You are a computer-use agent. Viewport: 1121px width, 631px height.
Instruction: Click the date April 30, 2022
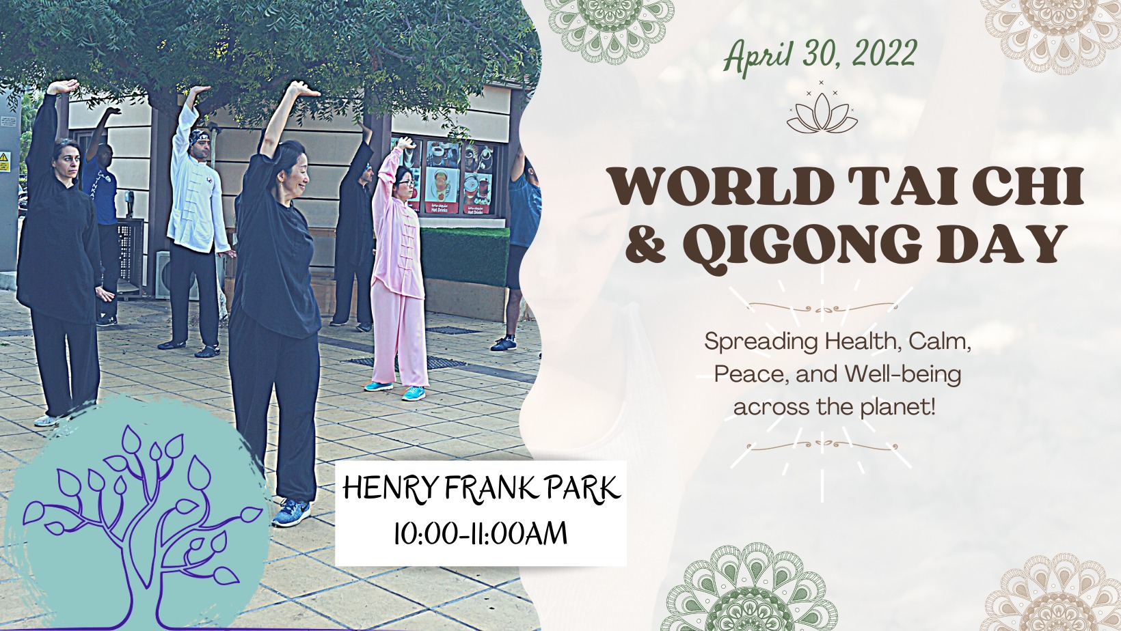(x=820, y=55)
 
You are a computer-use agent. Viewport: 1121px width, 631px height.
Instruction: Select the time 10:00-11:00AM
(x=481, y=533)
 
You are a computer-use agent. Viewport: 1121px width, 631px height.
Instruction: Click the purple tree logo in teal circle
(x=137, y=515)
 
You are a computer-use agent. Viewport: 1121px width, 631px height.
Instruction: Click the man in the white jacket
(x=196, y=220)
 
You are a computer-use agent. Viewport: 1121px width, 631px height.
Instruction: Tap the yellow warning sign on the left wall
(x=5, y=162)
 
